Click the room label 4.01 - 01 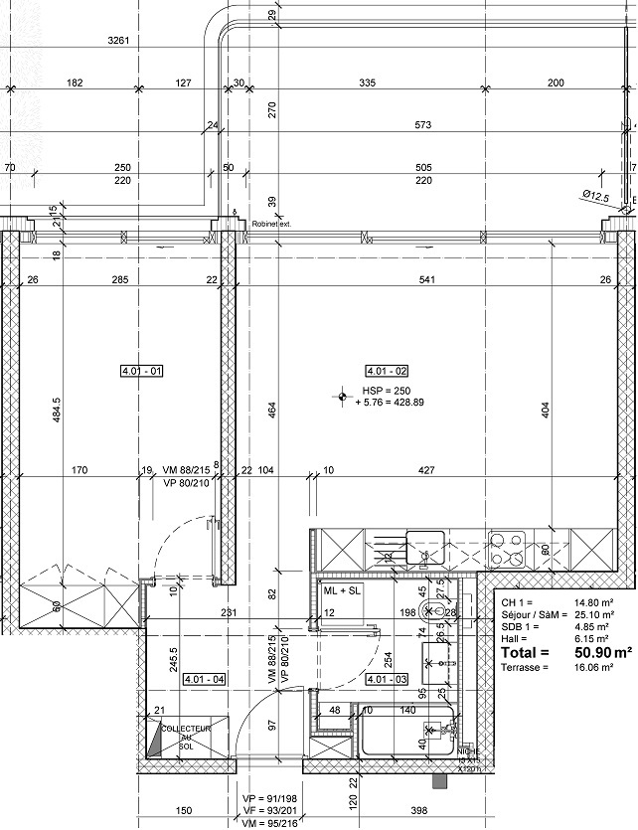pos(141,372)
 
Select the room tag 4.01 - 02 pos(388,372)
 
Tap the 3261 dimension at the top pos(119,41)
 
